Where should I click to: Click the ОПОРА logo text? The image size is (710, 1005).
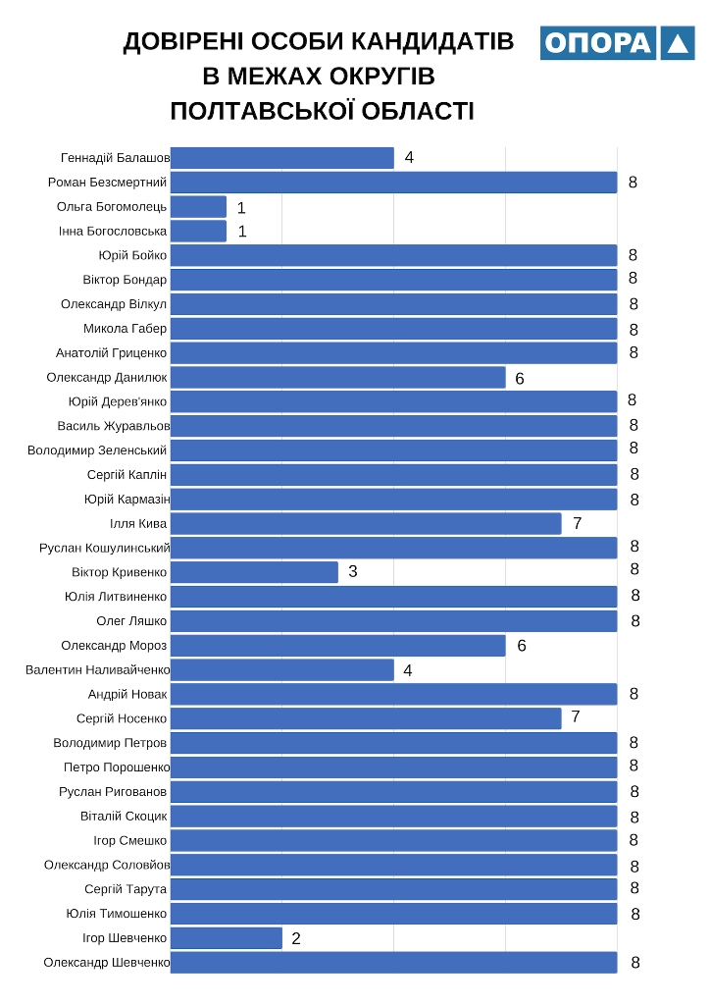(x=597, y=43)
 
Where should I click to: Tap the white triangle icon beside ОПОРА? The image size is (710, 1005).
(x=677, y=43)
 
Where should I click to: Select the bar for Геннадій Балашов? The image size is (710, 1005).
(x=282, y=158)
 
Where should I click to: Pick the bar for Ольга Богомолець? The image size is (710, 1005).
(x=198, y=207)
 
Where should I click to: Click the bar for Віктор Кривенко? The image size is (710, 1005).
(x=254, y=572)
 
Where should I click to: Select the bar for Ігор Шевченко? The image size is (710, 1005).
(x=227, y=938)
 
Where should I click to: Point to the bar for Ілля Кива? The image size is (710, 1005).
(x=366, y=523)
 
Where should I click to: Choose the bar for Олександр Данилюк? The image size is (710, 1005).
(x=338, y=378)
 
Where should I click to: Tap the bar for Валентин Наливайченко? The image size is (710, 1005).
(x=282, y=669)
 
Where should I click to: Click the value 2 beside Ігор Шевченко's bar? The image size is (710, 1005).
(x=296, y=939)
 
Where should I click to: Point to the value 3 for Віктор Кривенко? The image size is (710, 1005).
(x=353, y=571)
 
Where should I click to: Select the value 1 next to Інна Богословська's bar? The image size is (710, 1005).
(x=241, y=232)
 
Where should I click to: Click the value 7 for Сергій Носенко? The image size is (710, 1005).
(x=576, y=717)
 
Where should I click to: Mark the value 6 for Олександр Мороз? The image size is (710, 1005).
(x=522, y=646)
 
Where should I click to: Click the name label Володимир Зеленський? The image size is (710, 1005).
(x=97, y=450)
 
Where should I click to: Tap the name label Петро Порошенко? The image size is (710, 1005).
(x=117, y=767)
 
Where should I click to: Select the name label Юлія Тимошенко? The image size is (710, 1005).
(x=117, y=914)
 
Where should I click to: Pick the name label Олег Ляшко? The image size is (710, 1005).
(x=131, y=621)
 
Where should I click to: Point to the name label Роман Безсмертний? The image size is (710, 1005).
(x=108, y=183)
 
